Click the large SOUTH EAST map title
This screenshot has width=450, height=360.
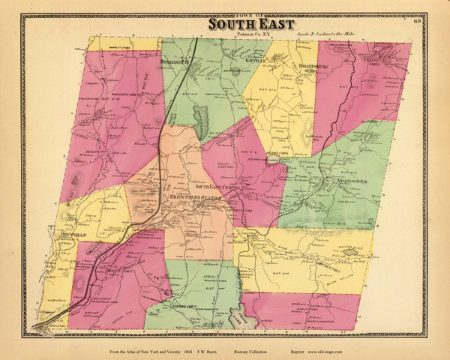(246, 26)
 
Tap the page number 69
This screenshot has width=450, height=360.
(416, 21)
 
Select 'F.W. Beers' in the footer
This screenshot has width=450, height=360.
(219, 351)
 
